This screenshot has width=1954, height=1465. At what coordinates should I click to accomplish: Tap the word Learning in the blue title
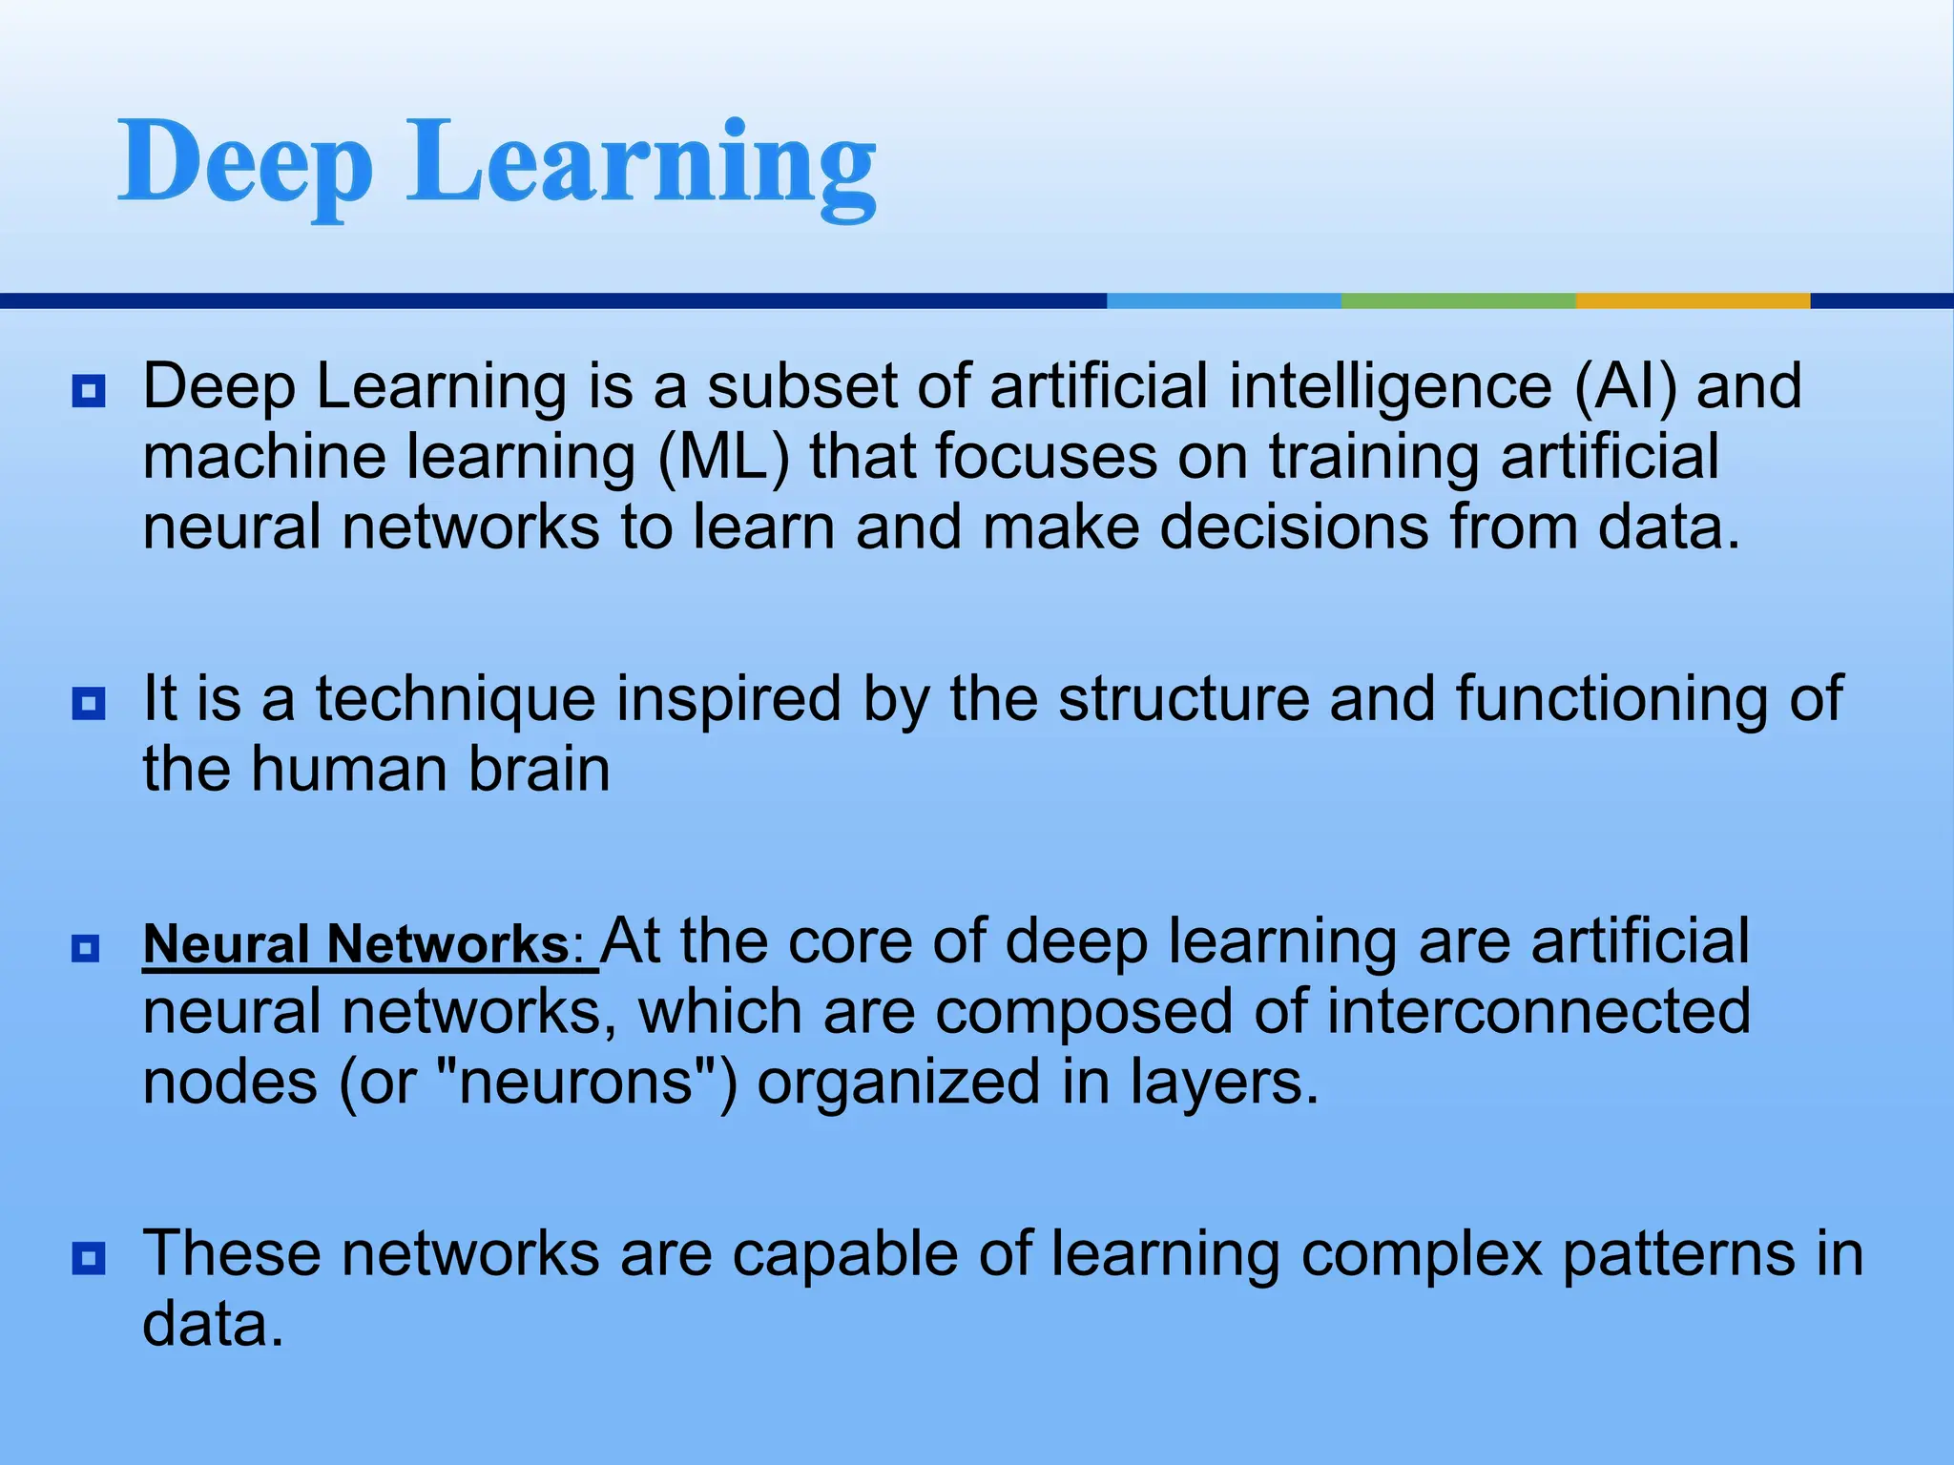click(641, 164)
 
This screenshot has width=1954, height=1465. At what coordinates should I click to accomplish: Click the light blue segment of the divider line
click(1223, 300)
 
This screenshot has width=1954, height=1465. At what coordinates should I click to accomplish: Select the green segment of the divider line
click(1458, 300)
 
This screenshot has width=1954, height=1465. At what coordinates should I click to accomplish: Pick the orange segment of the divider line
click(1693, 300)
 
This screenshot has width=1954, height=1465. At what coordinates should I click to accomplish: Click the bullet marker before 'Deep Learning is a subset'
click(89, 391)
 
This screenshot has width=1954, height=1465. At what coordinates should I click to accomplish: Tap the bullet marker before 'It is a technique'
click(89, 704)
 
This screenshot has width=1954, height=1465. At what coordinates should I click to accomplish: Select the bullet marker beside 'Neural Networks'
click(86, 948)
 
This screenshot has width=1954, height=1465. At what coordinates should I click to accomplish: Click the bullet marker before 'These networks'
click(89, 1258)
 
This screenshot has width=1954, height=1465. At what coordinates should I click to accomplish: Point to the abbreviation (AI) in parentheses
click(1624, 387)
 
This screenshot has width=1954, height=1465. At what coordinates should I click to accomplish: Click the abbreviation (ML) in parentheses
click(724, 458)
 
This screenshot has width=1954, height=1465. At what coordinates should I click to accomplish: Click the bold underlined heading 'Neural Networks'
click(355, 944)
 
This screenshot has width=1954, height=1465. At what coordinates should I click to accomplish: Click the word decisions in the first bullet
click(1294, 527)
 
